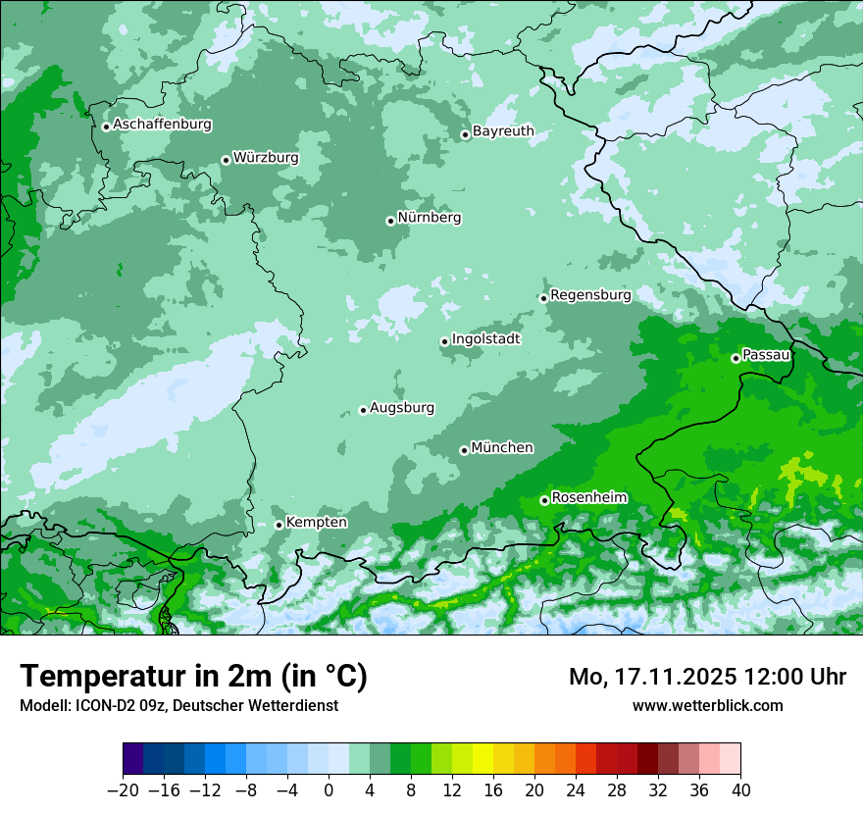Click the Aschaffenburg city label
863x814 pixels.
pyautogui.click(x=162, y=125)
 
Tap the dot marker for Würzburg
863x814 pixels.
pyautogui.click(x=226, y=160)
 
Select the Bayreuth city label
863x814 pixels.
pyautogui.click(x=503, y=131)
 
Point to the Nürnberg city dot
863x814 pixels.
pyautogui.click(x=390, y=221)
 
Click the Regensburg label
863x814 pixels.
pyautogui.click(x=590, y=295)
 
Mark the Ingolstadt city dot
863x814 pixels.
pyautogui.click(x=444, y=341)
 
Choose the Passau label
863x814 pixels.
pyautogui.click(x=766, y=355)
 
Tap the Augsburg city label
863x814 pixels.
pyautogui.click(x=402, y=408)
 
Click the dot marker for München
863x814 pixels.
pyautogui.click(x=464, y=450)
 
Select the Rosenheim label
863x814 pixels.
pyautogui.click(x=588, y=498)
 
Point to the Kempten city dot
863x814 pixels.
pyautogui.click(x=279, y=525)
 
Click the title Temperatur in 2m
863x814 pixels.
pyautogui.click(x=193, y=677)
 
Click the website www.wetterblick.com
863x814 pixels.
pyautogui.click(x=707, y=705)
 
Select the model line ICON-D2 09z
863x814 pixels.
pyautogui.click(x=178, y=705)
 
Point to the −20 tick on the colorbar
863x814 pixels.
pyautogui.click(x=124, y=789)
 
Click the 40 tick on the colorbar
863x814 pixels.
pyautogui.click(x=740, y=789)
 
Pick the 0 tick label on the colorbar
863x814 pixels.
pyautogui.click(x=330, y=789)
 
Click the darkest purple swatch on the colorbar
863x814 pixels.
pyautogui.click(x=133, y=759)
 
